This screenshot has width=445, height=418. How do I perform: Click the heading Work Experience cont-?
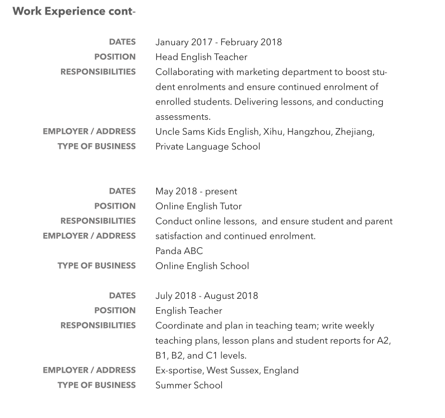point(74,11)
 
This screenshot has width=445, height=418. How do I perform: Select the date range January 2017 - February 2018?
point(219,42)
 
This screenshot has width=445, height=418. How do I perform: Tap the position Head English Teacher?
point(201,57)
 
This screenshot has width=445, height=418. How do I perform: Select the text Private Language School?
point(207,147)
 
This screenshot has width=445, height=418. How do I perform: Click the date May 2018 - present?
point(196,191)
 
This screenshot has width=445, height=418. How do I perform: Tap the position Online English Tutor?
point(198,206)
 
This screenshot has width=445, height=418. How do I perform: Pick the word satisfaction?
point(181,236)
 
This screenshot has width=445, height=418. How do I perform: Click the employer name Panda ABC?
point(179,251)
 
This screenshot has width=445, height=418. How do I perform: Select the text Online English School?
point(202,266)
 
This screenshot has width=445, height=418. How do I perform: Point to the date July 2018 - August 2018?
point(206,296)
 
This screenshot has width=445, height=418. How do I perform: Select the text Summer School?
point(189,385)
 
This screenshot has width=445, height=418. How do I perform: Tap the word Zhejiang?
point(354,131)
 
